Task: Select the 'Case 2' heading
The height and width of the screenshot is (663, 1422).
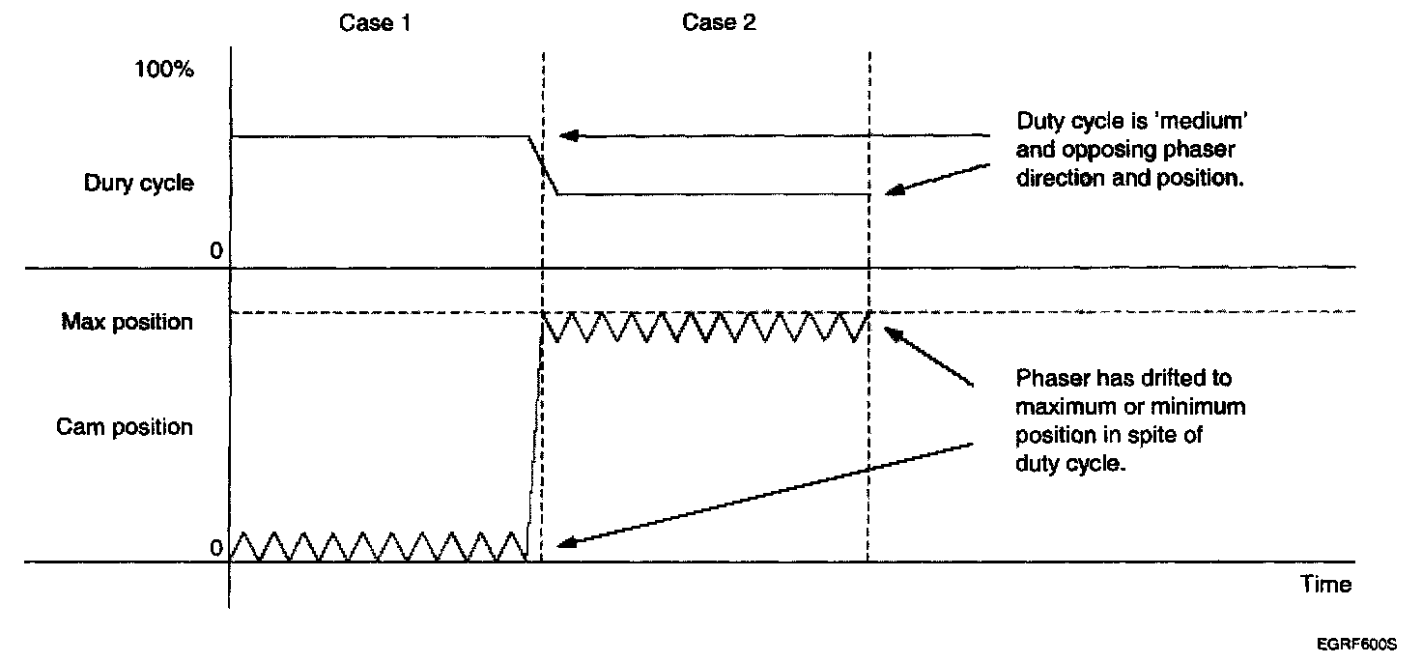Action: click(x=720, y=23)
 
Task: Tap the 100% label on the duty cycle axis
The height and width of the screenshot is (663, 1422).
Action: click(x=164, y=72)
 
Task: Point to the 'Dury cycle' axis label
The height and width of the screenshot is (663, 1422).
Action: click(x=138, y=184)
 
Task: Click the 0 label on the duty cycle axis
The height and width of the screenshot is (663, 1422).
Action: click(x=216, y=251)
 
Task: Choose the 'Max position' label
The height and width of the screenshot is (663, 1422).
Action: click(x=128, y=322)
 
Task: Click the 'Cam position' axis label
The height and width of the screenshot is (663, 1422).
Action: click(x=125, y=427)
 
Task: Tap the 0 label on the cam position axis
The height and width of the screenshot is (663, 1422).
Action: click(x=216, y=548)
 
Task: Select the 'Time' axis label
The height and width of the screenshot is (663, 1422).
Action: click(x=1325, y=585)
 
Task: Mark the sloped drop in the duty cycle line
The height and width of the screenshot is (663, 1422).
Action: click(x=543, y=164)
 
